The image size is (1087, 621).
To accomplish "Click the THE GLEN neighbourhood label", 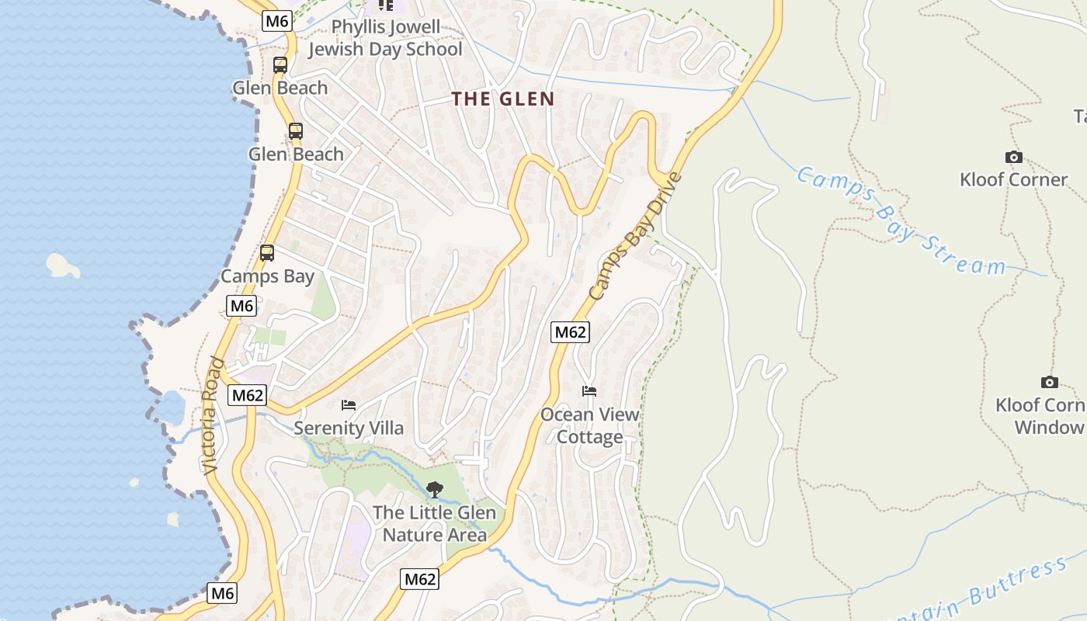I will point(503,99).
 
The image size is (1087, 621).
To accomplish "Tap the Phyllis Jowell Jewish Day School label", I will point(385,39).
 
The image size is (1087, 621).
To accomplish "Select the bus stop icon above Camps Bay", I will point(267,253).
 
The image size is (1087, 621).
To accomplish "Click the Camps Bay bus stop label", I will point(268,276).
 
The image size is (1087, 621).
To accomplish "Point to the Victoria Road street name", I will point(213,415).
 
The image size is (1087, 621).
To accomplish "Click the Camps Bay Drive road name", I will point(634,236).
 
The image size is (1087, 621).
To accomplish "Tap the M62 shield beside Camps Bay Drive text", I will point(570,332).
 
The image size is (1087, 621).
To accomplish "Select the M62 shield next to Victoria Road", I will point(248,395).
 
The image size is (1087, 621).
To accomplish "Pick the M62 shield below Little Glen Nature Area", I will point(420,579).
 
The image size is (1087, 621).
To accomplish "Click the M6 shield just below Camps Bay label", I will point(241,306).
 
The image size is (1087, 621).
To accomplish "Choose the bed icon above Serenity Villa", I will point(349,405).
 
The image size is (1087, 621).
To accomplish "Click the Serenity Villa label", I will point(349,428).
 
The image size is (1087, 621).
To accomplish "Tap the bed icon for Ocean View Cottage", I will point(589,391).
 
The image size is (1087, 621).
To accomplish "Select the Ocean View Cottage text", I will point(590,425).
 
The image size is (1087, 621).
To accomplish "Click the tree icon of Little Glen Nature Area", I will point(435,490).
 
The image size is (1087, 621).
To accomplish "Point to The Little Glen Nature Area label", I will point(434,523).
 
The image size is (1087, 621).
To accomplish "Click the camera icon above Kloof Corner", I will point(1013,158).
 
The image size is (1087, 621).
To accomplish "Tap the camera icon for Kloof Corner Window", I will point(1049,383).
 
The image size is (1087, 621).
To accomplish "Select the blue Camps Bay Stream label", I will point(901,220).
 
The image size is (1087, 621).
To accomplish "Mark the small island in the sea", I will point(63,265).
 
